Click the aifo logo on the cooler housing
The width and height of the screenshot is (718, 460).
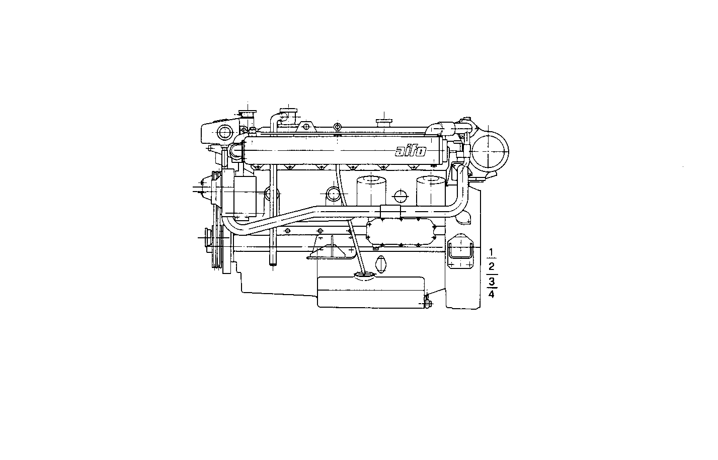pos(411,151)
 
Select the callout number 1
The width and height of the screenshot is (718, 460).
pos(492,252)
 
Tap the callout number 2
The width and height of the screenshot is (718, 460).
pos(492,266)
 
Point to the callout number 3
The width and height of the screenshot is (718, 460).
pos(492,281)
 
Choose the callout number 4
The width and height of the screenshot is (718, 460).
pos(492,294)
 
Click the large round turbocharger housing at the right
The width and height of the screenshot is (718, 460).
pos(490,149)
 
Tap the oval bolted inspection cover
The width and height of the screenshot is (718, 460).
pos(401,232)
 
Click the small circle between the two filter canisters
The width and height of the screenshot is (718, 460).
pos(401,196)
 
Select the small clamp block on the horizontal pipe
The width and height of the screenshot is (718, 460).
pos(390,211)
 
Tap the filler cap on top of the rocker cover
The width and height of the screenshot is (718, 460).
pos(383,122)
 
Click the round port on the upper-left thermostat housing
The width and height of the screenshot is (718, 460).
pos(224,133)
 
